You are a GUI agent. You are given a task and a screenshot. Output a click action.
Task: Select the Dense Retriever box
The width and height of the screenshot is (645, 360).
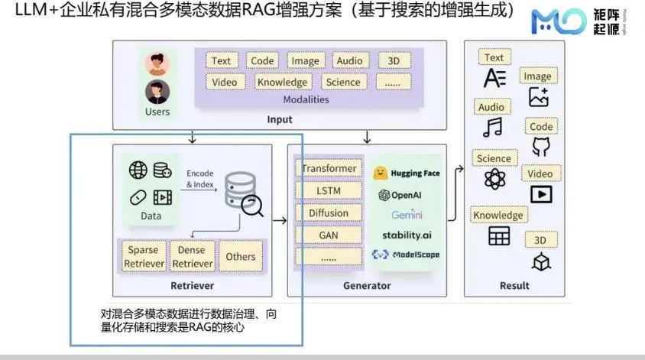pos(192,257)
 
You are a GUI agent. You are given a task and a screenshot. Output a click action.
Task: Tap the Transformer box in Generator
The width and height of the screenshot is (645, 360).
pos(329,168)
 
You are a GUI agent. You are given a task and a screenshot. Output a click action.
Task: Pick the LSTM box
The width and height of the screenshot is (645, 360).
pos(329,190)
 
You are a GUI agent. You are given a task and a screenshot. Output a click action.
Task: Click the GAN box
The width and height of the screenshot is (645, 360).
pos(329,235)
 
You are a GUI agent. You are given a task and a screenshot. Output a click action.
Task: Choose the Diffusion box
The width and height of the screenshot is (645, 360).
pos(329,213)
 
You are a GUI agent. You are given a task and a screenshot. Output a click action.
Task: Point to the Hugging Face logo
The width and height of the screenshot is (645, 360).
pos(407,174)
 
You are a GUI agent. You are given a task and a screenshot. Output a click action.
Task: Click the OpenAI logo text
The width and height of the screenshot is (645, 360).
pos(400,195)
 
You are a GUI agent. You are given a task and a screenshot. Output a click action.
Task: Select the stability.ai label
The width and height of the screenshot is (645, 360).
pos(407,235)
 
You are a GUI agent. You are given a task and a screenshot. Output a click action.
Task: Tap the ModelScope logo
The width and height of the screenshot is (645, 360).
pos(406,255)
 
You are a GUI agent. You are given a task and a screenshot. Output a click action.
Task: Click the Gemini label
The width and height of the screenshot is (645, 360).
pos(407,215)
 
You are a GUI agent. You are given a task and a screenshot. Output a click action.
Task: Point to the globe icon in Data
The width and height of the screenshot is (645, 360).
pos(138,170)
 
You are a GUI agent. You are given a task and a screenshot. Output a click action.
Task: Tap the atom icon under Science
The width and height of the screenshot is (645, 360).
pos(494,180)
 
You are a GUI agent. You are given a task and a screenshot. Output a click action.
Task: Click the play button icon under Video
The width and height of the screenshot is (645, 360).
pos(541,194)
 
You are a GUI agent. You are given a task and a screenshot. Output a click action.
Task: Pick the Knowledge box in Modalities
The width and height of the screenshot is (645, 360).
pos(282,82)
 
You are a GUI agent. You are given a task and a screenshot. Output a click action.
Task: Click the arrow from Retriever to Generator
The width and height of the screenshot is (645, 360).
pos(279,221)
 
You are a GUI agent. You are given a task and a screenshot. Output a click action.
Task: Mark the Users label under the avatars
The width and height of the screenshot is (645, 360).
pos(157,112)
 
